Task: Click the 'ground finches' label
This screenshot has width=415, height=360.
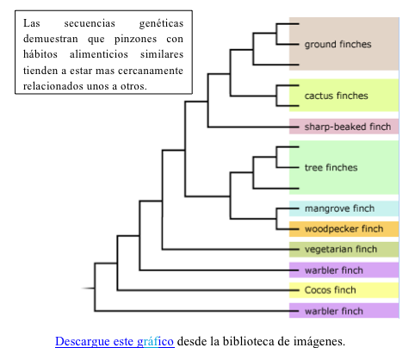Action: click(x=338, y=44)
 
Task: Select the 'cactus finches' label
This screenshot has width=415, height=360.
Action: click(x=336, y=96)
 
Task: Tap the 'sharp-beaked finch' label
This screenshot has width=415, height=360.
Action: click(x=348, y=127)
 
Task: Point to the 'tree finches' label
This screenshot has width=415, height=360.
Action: click(x=331, y=167)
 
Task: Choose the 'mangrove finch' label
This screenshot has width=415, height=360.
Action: click(x=339, y=208)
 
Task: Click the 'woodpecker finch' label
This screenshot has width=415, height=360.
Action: click(x=344, y=229)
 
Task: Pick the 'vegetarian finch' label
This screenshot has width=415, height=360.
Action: click(x=341, y=249)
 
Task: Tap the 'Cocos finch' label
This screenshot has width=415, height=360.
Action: click(x=330, y=290)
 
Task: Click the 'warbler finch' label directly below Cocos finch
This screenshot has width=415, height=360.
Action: click(x=334, y=311)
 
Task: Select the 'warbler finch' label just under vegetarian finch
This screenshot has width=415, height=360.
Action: click(x=334, y=270)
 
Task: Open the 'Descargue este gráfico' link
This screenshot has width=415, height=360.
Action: click(x=115, y=342)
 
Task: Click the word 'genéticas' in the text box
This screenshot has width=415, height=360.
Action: click(x=161, y=23)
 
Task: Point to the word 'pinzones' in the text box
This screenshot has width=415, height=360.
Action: click(x=135, y=39)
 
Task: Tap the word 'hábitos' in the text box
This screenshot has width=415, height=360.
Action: click(x=40, y=54)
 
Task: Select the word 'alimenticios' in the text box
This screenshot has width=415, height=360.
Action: click(x=99, y=54)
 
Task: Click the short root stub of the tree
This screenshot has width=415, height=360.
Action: click(x=88, y=288)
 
